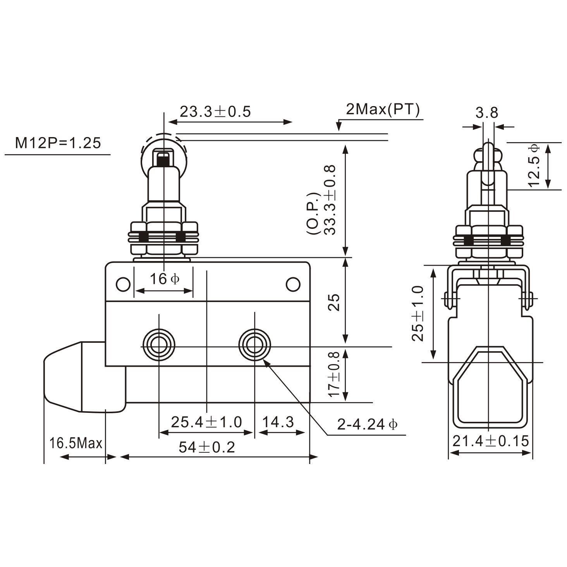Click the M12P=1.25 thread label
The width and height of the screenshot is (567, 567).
[58, 143]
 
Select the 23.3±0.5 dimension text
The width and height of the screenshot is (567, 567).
[215, 112]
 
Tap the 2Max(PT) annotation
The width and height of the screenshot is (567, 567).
[383, 110]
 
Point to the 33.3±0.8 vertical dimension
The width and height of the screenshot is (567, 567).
[330, 200]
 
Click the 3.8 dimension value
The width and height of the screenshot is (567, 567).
[486, 113]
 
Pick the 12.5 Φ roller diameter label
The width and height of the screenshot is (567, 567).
[534, 165]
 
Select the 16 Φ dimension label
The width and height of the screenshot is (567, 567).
[164, 278]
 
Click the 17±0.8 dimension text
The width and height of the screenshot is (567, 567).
[334, 374]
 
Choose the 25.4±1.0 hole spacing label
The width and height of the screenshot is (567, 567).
[206, 422]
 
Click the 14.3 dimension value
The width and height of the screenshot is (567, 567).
[278, 422]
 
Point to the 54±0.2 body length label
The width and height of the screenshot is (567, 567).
[207, 447]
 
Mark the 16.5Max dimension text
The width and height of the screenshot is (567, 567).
[76, 443]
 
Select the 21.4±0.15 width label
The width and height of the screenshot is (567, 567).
[490, 441]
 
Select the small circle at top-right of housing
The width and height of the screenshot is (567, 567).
[293, 284]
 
